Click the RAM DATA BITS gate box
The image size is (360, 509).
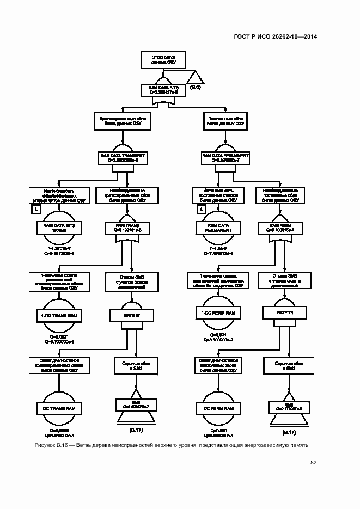(164, 90)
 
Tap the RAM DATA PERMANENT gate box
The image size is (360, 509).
(225, 158)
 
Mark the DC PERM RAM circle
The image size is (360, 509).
(217, 408)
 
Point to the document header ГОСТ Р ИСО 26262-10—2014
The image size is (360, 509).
(275, 36)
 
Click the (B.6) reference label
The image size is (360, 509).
(195, 87)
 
